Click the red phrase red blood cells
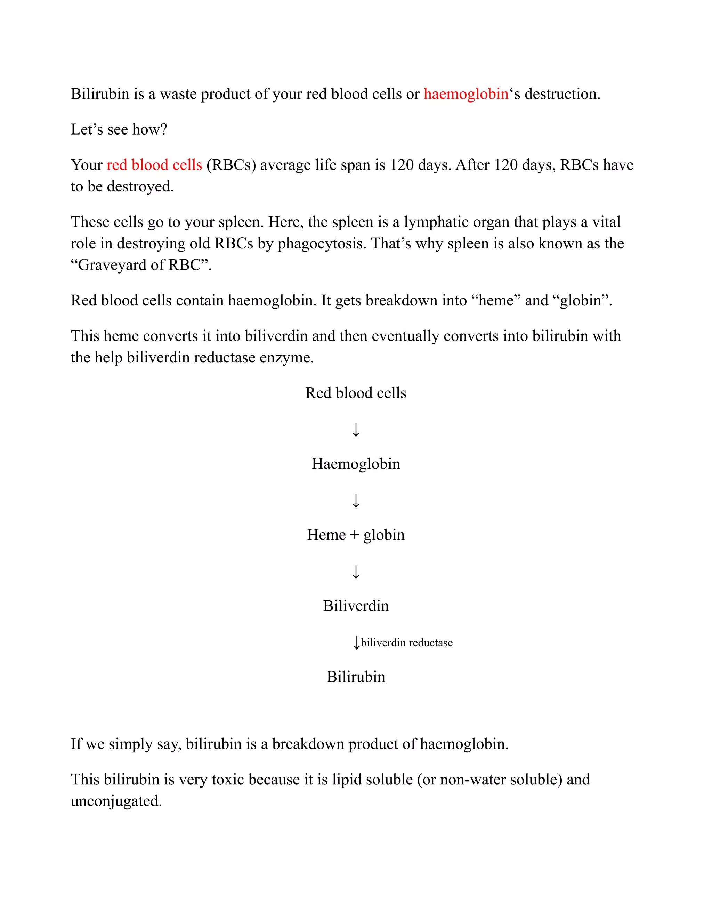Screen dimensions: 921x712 (154, 165)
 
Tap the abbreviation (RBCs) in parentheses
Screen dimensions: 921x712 (231, 165)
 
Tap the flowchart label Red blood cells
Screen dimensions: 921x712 (356, 393)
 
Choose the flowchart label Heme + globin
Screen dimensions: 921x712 (356, 535)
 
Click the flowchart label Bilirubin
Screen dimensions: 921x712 (356, 677)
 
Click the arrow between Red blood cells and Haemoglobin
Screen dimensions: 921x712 (356, 430)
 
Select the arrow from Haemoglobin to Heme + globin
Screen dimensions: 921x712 (356, 500)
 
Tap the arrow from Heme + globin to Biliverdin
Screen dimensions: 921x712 (356, 571)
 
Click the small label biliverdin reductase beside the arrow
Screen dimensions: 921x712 (407, 643)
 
